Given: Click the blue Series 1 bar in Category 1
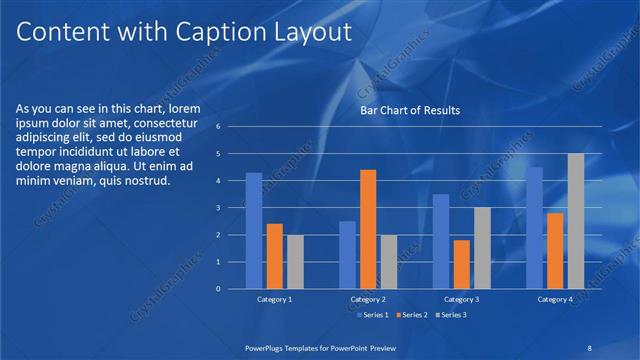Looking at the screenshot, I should coord(254,231).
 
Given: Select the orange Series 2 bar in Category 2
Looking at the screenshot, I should coord(368,229).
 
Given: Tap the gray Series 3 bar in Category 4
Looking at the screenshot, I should coord(576,221).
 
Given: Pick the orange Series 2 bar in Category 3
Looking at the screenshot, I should coord(461,264).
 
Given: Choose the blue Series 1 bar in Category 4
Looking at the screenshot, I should coord(535,228).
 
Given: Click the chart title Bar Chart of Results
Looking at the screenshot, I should coord(410,111).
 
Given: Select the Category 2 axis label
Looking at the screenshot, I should coord(368,300).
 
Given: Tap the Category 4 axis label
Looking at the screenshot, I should coord(556,300).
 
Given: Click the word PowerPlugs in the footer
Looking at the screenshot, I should coord(270,347).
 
